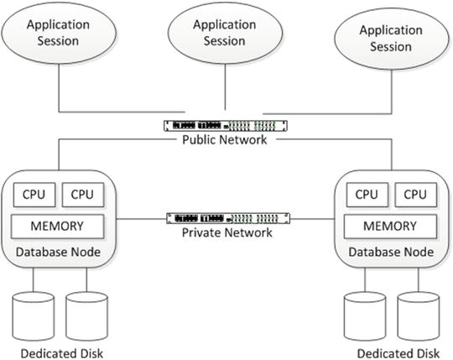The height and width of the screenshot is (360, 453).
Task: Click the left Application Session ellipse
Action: [58, 33]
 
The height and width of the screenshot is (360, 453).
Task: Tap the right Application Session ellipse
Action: [390, 37]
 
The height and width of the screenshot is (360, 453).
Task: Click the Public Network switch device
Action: [224, 126]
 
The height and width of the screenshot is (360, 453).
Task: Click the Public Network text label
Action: [224, 140]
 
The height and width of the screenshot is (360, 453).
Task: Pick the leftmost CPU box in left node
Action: [34, 195]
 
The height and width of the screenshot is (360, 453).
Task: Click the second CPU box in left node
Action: [82, 195]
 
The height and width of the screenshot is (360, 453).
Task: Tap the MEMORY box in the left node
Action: [58, 226]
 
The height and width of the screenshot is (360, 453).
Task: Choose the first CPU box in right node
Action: [367, 195]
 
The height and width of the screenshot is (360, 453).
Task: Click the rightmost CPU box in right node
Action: [415, 195]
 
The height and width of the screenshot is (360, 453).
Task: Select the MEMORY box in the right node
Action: [391, 226]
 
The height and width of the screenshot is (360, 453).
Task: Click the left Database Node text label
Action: [58, 252]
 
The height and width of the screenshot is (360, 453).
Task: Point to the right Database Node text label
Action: [391, 252]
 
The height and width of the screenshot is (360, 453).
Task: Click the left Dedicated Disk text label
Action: [58, 352]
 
